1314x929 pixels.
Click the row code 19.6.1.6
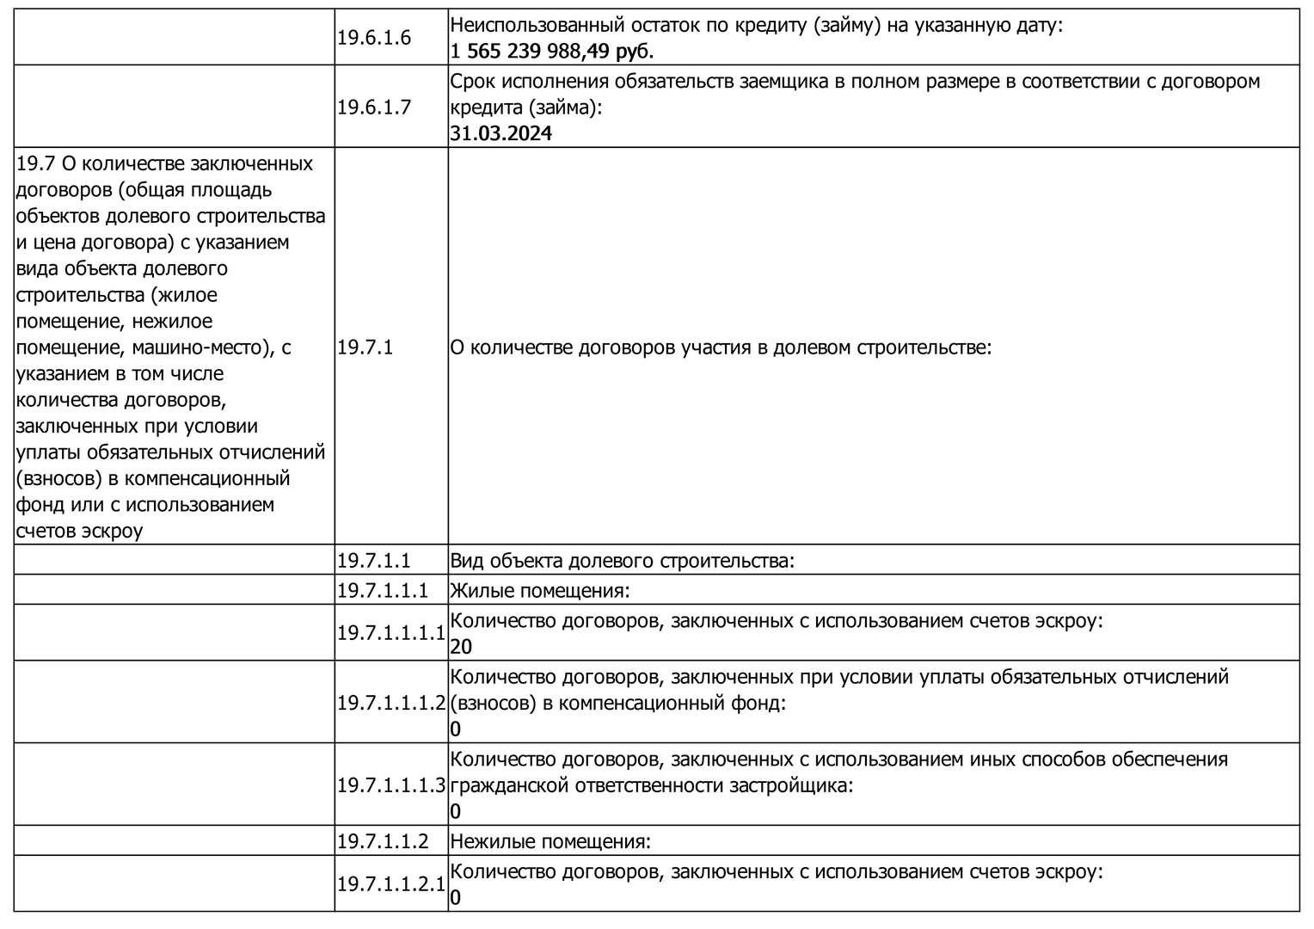tap(374, 38)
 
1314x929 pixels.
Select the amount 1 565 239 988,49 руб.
tap(551, 52)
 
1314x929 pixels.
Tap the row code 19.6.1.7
tap(374, 108)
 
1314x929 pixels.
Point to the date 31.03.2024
tap(500, 133)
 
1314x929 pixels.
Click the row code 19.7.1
tap(365, 348)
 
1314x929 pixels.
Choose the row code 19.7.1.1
tap(374, 561)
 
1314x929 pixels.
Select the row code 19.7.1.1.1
tap(383, 591)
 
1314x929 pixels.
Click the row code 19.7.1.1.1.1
tap(391, 633)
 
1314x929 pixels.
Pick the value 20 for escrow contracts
tap(461, 647)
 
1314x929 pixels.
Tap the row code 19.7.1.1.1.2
tap(391, 703)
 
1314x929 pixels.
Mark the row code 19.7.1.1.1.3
tap(391, 785)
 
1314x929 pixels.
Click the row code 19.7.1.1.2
tap(383, 841)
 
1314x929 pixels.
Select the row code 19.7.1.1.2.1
tap(391, 884)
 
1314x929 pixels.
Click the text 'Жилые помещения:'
tap(540, 591)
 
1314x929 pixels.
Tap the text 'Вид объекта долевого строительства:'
tap(622, 561)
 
